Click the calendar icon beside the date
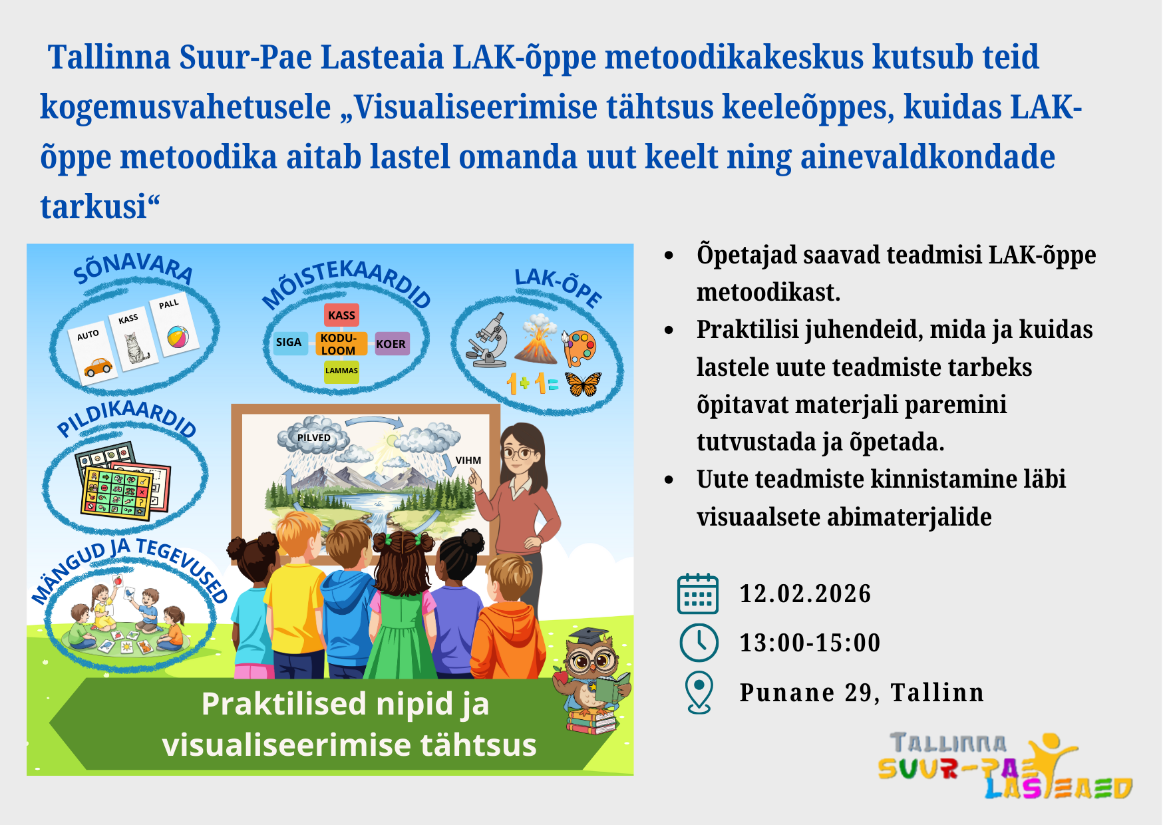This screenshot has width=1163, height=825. click(698, 593)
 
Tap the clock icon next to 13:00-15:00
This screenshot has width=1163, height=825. click(699, 643)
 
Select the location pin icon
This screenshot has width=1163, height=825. click(699, 693)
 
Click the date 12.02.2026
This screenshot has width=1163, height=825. click(805, 593)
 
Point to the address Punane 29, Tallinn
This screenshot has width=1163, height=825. click(862, 693)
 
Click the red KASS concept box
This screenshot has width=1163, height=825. click(342, 315)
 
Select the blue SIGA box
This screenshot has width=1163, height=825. click(289, 343)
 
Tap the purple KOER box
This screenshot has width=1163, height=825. click(391, 344)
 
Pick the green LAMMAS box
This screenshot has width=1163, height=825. click(341, 371)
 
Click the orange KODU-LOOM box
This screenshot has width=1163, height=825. click(341, 344)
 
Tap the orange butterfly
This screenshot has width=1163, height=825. click(583, 383)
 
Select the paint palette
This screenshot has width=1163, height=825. click(580, 348)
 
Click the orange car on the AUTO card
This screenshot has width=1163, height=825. click(98, 367)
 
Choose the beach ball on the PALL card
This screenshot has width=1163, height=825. click(178, 337)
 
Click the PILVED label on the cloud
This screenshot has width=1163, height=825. click(314, 438)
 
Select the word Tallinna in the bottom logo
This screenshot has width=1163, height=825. click(948, 743)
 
